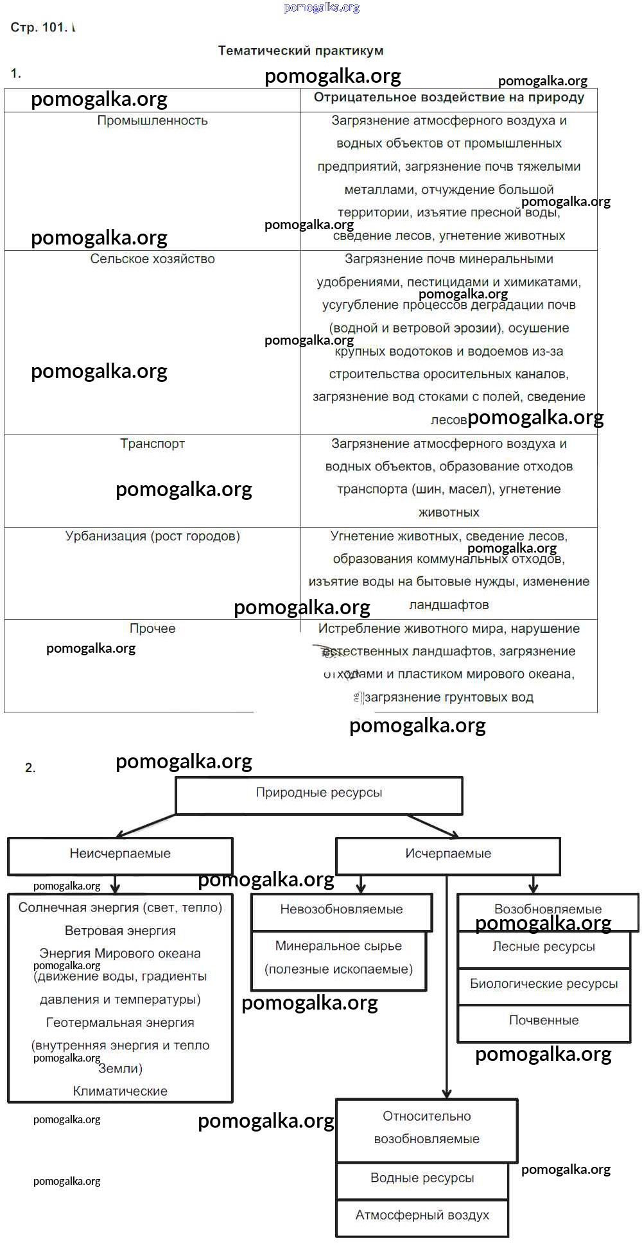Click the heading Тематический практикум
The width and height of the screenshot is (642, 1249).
(x=300, y=51)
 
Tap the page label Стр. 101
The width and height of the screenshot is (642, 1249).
(x=39, y=28)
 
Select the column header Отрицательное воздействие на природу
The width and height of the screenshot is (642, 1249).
(x=449, y=98)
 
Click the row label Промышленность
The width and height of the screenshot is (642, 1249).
(x=152, y=121)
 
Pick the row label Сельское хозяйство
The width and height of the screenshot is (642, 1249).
(x=152, y=259)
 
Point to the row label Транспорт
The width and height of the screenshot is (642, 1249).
(x=152, y=444)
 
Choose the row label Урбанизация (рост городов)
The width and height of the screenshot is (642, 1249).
(x=152, y=536)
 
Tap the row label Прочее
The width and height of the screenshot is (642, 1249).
(x=152, y=628)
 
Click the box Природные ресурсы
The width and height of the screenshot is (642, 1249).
(x=318, y=793)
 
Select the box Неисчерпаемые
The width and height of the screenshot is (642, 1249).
(x=120, y=854)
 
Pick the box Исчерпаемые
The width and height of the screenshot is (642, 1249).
(x=448, y=854)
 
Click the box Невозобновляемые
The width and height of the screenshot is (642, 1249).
(x=341, y=909)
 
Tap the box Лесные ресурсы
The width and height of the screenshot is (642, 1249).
(x=544, y=947)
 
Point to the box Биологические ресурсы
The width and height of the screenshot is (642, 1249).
(x=544, y=984)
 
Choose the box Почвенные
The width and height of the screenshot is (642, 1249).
(x=544, y=1021)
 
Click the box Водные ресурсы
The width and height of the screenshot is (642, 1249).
(x=422, y=1178)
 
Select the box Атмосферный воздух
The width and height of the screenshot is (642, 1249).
(x=422, y=1216)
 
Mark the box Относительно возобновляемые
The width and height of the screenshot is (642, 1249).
(x=426, y=1128)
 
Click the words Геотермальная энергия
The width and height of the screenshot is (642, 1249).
(x=120, y=1022)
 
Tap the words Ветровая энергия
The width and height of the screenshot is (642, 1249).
(x=120, y=931)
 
